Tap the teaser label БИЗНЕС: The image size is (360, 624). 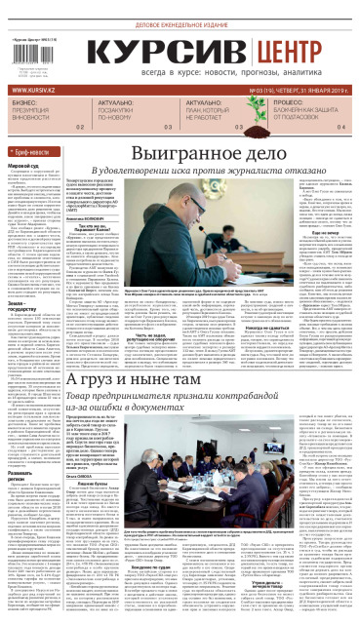23,101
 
